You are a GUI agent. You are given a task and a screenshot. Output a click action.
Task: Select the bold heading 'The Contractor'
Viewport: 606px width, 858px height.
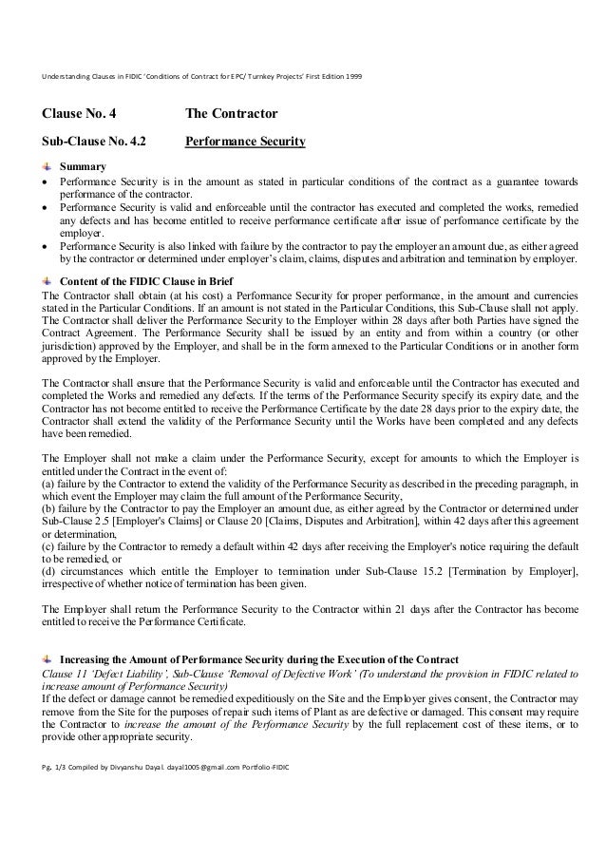pyautogui.click(x=231, y=115)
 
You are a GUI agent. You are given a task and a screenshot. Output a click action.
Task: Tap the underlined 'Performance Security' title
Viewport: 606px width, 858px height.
pyautogui.click(x=245, y=143)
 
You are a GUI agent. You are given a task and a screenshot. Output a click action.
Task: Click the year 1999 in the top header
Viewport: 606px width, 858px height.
pyautogui.click(x=351, y=75)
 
